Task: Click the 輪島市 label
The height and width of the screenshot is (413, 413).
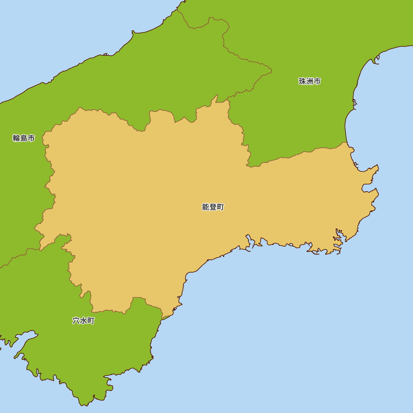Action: [24, 138]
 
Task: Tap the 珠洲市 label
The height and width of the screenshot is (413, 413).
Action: [310, 81]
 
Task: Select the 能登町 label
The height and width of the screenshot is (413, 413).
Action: [213, 207]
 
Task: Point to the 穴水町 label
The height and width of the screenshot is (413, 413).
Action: [83, 321]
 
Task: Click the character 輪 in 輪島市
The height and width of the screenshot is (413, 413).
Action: [17, 138]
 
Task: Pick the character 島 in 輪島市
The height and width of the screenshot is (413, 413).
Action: [24, 138]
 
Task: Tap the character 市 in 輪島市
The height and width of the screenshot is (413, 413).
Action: [31, 138]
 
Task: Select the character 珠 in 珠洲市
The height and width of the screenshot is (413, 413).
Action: [302, 81]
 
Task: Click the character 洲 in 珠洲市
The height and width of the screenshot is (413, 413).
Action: [310, 81]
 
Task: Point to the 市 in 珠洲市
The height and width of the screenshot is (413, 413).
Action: [317, 81]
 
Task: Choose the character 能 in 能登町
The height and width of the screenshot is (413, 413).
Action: [206, 207]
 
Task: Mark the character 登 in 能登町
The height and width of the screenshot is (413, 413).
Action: [213, 207]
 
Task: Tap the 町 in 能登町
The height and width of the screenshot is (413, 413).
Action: [221, 207]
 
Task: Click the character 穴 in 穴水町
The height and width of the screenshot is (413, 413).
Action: [76, 321]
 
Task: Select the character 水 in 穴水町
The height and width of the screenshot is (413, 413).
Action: [83, 321]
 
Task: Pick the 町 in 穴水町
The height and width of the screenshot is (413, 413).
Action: [91, 321]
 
